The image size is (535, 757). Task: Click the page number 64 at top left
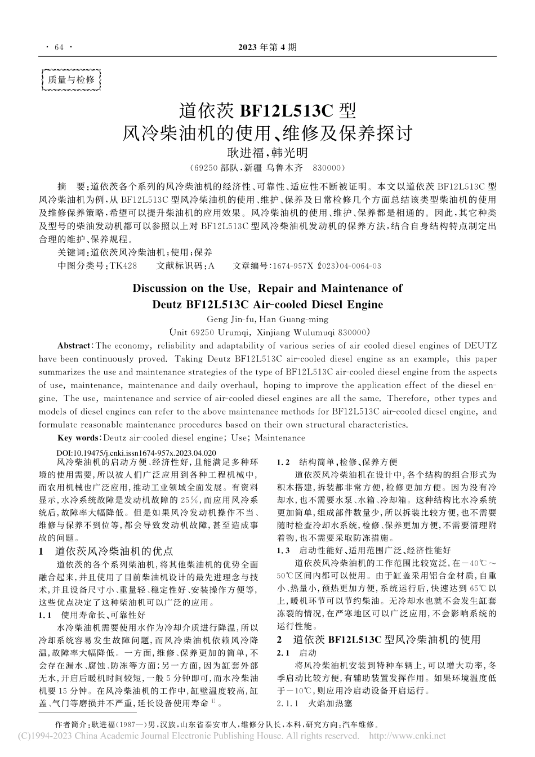pos(56,47)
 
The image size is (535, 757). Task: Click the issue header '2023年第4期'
pos(267,47)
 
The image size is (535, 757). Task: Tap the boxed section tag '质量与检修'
pos(71,80)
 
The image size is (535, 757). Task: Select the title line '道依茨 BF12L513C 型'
pos(267,109)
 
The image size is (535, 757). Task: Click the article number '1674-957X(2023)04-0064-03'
pos(326,266)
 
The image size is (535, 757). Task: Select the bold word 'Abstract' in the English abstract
pos(74,345)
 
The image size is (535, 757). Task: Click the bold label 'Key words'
pos(79,438)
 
